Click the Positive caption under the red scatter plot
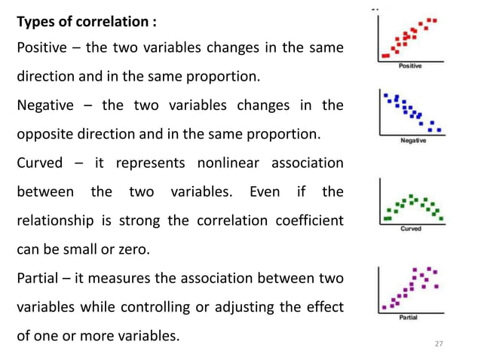click(410, 66)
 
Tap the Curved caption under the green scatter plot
click(411, 228)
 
